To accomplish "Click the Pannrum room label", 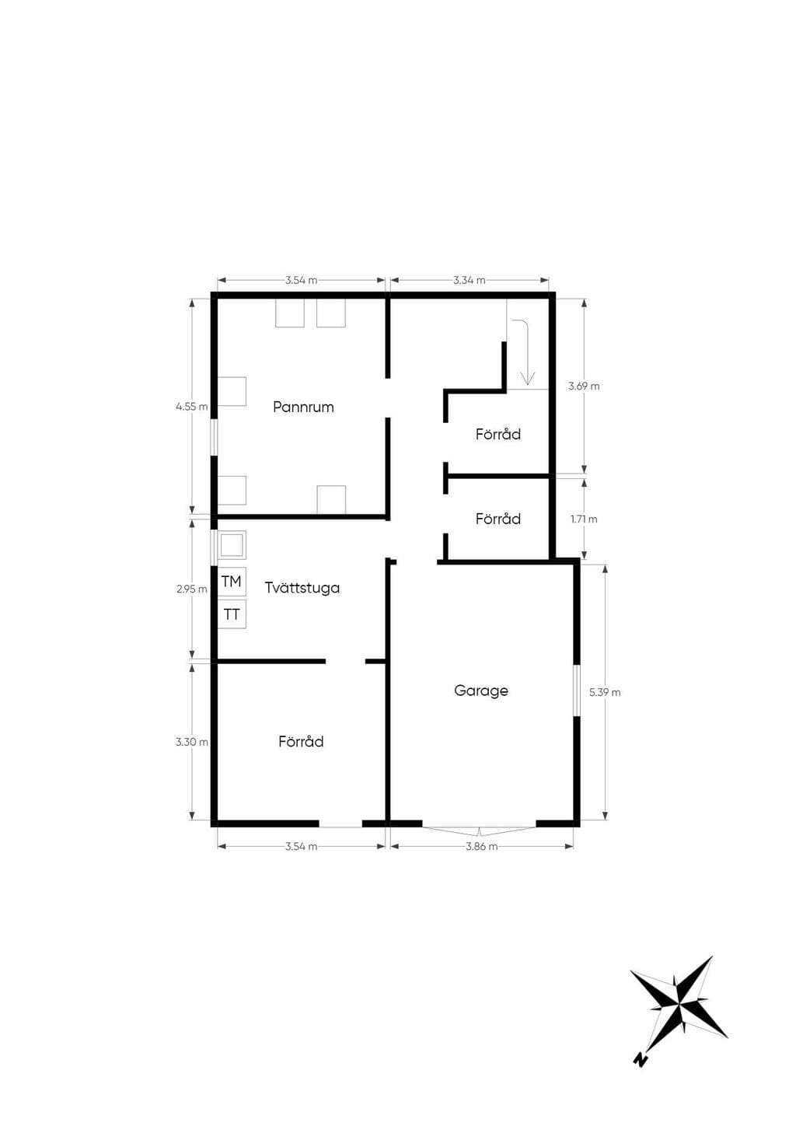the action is (x=303, y=407).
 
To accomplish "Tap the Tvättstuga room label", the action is (x=302, y=588).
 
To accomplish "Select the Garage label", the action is (x=481, y=691).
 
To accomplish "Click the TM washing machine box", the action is (x=232, y=582).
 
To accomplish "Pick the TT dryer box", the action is (x=232, y=614).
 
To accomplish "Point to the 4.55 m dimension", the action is (x=191, y=406).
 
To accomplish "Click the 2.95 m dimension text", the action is (x=191, y=589).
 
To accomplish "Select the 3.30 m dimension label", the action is (x=191, y=741).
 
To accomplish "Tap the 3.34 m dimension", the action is (x=470, y=280).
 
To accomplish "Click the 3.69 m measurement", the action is (x=584, y=386).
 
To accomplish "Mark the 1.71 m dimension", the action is (x=584, y=519).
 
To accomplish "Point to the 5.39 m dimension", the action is (x=605, y=692).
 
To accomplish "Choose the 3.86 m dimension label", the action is (x=481, y=846).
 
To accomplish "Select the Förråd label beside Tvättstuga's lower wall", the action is (x=301, y=741).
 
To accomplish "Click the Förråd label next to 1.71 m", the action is (x=498, y=518).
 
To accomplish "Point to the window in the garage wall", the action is (x=576, y=691).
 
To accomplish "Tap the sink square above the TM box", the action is (x=232, y=545).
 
